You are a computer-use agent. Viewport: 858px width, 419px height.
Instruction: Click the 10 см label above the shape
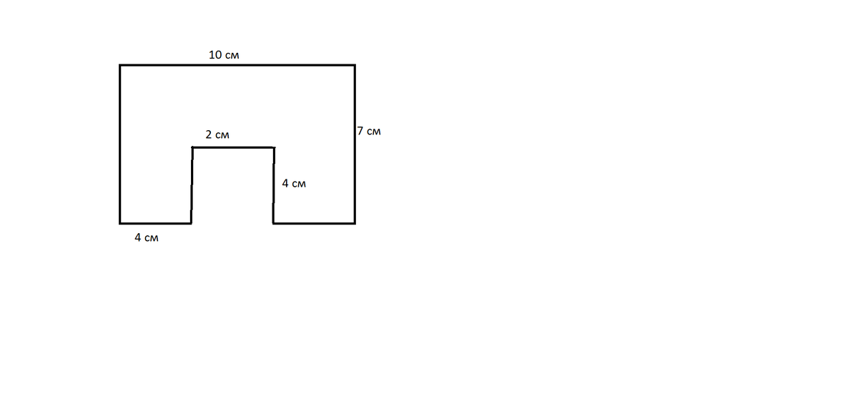[224, 55]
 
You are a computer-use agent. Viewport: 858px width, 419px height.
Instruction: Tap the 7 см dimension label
[369, 131]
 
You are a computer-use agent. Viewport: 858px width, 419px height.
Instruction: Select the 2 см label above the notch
[217, 134]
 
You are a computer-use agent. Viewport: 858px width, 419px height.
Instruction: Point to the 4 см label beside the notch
[294, 184]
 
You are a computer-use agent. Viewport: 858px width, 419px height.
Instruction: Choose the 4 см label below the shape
[147, 237]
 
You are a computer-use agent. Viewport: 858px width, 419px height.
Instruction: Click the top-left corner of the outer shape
[120, 65]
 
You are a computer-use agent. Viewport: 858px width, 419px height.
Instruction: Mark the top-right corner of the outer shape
[355, 65]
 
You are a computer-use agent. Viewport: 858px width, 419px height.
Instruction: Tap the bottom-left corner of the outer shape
[120, 223]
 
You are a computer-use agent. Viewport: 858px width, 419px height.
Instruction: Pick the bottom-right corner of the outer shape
[355, 223]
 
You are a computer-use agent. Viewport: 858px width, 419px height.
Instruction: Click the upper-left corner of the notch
[192, 147]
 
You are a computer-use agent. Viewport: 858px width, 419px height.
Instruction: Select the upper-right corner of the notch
[275, 147]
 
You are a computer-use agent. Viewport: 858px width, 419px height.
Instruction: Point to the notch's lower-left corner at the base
[191, 223]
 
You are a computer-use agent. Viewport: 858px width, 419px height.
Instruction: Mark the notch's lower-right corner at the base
[273, 223]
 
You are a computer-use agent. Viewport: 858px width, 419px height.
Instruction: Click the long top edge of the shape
[237, 65]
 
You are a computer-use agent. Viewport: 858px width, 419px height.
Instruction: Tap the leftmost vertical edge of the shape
[120, 144]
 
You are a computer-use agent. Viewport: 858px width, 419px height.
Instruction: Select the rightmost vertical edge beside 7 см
[355, 144]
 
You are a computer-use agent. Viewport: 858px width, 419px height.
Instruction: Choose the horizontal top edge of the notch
[233, 147]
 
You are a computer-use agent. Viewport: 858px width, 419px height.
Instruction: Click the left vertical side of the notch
[192, 185]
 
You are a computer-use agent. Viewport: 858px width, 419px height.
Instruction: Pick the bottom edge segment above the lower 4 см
[156, 223]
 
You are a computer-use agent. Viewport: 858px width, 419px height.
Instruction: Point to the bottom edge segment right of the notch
[314, 223]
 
